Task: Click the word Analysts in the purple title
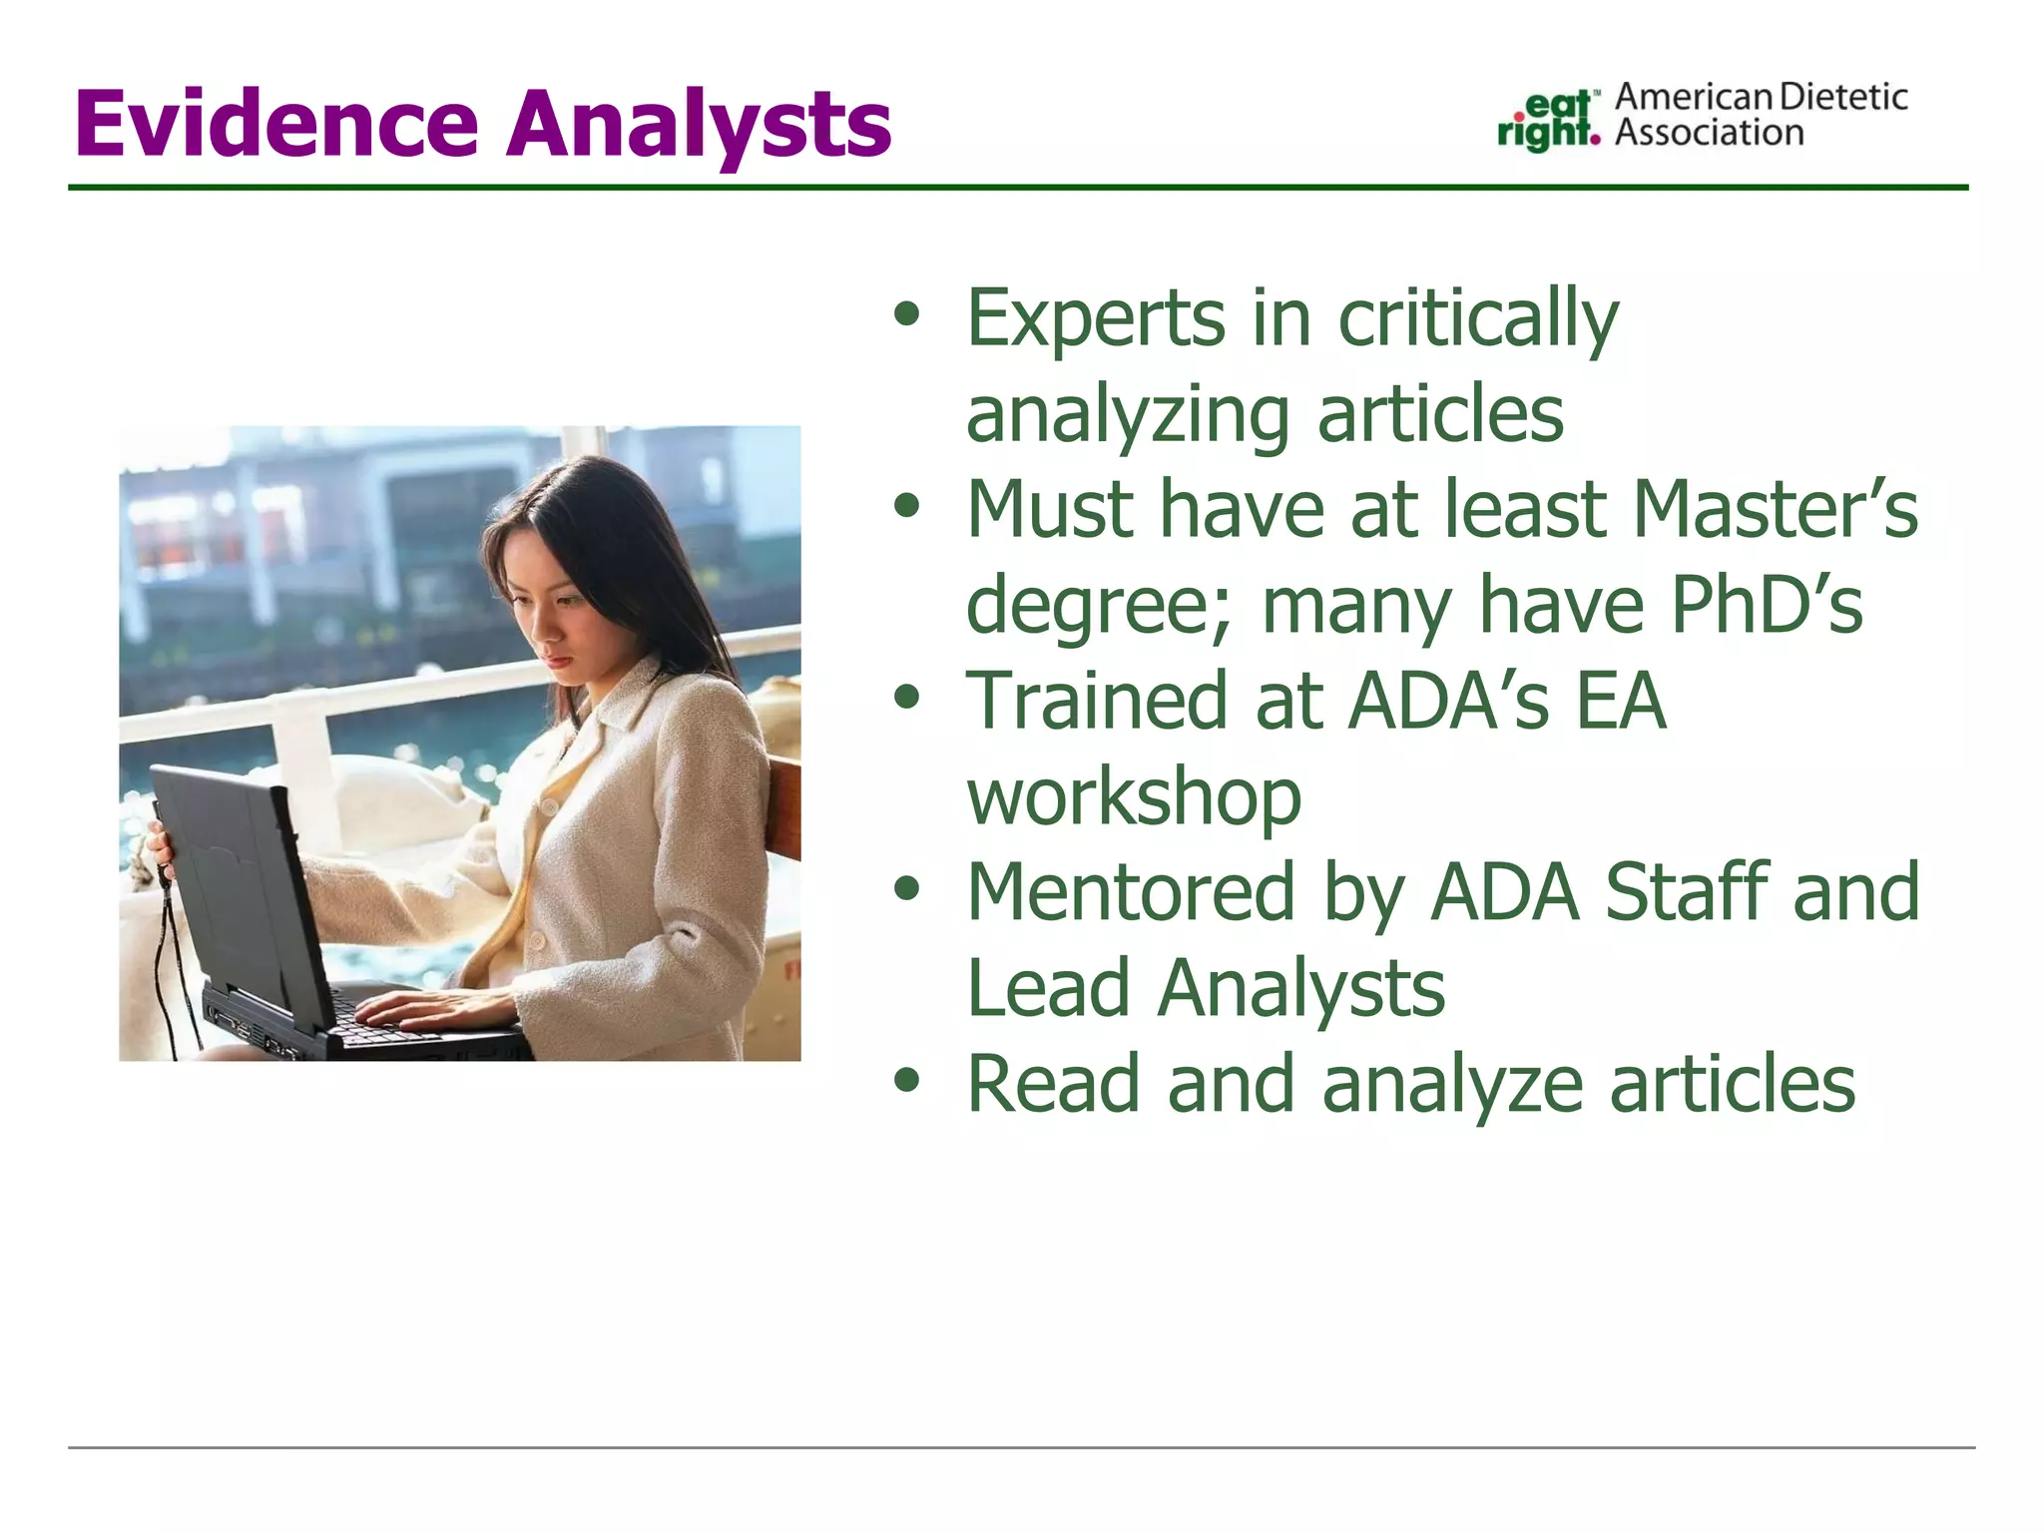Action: click(699, 126)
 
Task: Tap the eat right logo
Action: click(1549, 120)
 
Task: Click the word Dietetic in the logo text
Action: click(1843, 97)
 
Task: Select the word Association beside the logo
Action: click(1709, 133)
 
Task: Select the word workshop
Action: click(1134, 797)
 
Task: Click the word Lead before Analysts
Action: click(1047, 988)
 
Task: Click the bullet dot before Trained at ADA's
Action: click(906, 697)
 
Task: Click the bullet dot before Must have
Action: click(906, 505)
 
